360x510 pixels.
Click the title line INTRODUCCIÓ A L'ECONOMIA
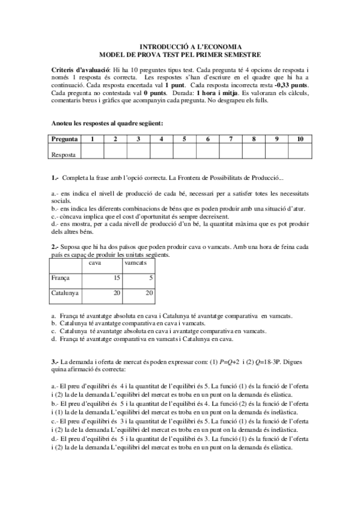click(191, 46)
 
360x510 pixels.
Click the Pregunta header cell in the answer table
click(64, 139)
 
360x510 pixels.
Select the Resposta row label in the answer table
click(64, 154)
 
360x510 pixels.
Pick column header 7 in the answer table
click(231, 139)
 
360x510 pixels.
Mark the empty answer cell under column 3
click(138, 154)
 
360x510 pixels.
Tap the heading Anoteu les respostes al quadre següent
click(108, 123)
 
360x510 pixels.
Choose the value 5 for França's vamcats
click(149, 278)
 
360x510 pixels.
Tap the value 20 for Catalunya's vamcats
click(148, 293)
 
